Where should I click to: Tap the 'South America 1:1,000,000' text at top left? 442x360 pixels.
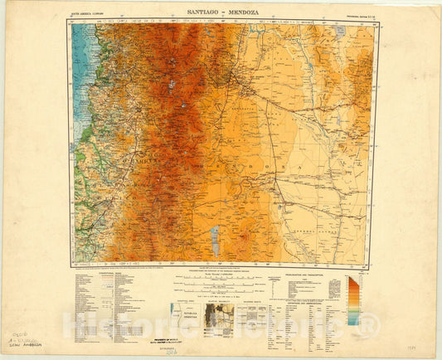[x=92, y=16]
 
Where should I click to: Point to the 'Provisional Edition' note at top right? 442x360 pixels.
[x=353, y=16]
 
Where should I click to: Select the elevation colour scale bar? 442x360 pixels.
[x=353, y=300]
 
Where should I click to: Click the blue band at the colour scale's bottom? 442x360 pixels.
[x=353, y=320]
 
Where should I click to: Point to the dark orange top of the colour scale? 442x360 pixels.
[x=353, y=280]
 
